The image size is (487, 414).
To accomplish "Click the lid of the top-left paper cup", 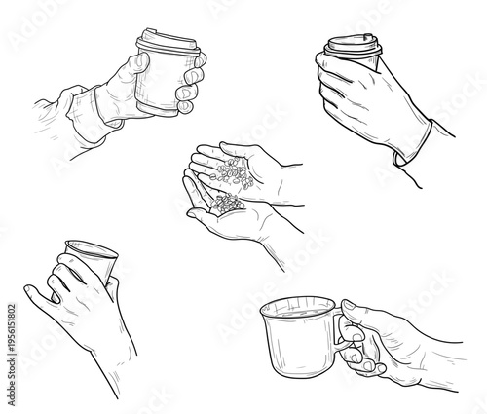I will tap(169, 40).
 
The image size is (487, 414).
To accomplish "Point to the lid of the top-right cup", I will tap(351, 47).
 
